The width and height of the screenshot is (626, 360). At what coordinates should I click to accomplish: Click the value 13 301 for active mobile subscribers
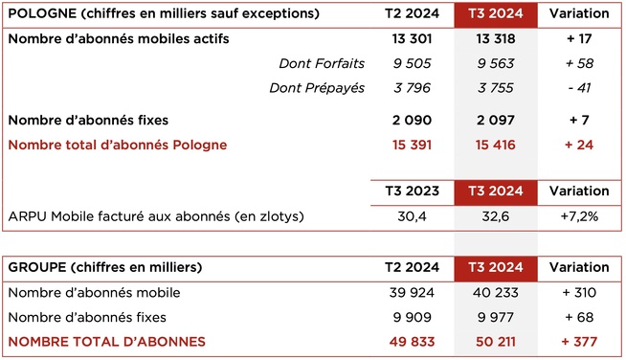pos(413,40)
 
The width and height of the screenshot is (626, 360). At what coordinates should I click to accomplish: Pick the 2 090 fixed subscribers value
pos(413,121)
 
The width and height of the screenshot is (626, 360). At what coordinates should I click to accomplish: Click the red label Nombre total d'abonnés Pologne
pos(118,146)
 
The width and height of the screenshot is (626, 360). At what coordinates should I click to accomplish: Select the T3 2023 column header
pos(413,191)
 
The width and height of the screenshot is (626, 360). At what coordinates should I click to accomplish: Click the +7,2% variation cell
pos(580,216)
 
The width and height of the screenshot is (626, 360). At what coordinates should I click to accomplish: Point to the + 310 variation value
pos(580,293)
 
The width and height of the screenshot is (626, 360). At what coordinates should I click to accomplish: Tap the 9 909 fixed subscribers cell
pos(413,317)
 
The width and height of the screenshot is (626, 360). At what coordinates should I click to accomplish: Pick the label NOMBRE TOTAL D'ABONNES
pos(106,341)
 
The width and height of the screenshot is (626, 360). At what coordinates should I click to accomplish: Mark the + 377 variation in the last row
pos(580,341)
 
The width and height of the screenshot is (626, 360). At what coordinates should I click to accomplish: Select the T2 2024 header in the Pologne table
pos(413,14)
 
